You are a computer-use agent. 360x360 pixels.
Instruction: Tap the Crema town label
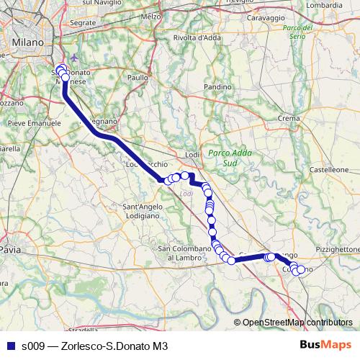click(x=288, y=117)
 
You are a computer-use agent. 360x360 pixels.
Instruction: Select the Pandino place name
click(x=217, y=86)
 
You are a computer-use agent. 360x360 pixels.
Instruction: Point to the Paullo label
click(x=138, y=76)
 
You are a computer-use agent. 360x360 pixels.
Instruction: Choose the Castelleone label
click(x=329, y=168)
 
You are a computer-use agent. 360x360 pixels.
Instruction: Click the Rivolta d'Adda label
click(x=196, y=37)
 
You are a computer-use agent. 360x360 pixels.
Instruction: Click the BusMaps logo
click(x=325, y=345)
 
